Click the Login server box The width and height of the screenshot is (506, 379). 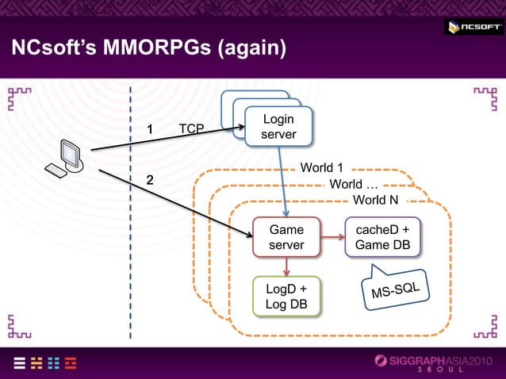(x=278, y=127)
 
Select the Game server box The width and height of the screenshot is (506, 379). (x=286, y=237)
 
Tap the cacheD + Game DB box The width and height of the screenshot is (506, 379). (x=382, y=237)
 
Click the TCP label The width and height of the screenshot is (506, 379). (x=191, y=128)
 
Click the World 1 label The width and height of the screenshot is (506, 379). (x=321, y=168)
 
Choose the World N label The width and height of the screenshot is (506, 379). (x=375, y=199)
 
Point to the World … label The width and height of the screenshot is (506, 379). (x=352, y=184)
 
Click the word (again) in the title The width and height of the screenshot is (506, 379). (x=244, y=49)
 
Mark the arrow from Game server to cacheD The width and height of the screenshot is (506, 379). (x=333, y=237)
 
